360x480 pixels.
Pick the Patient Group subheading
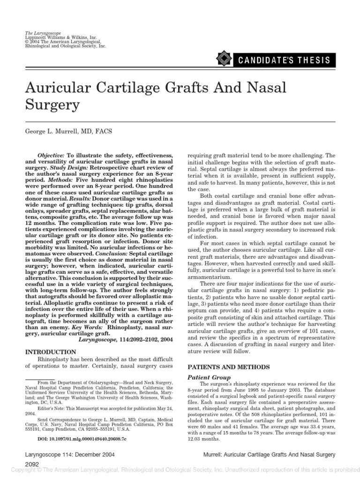[x=209, y=377]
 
